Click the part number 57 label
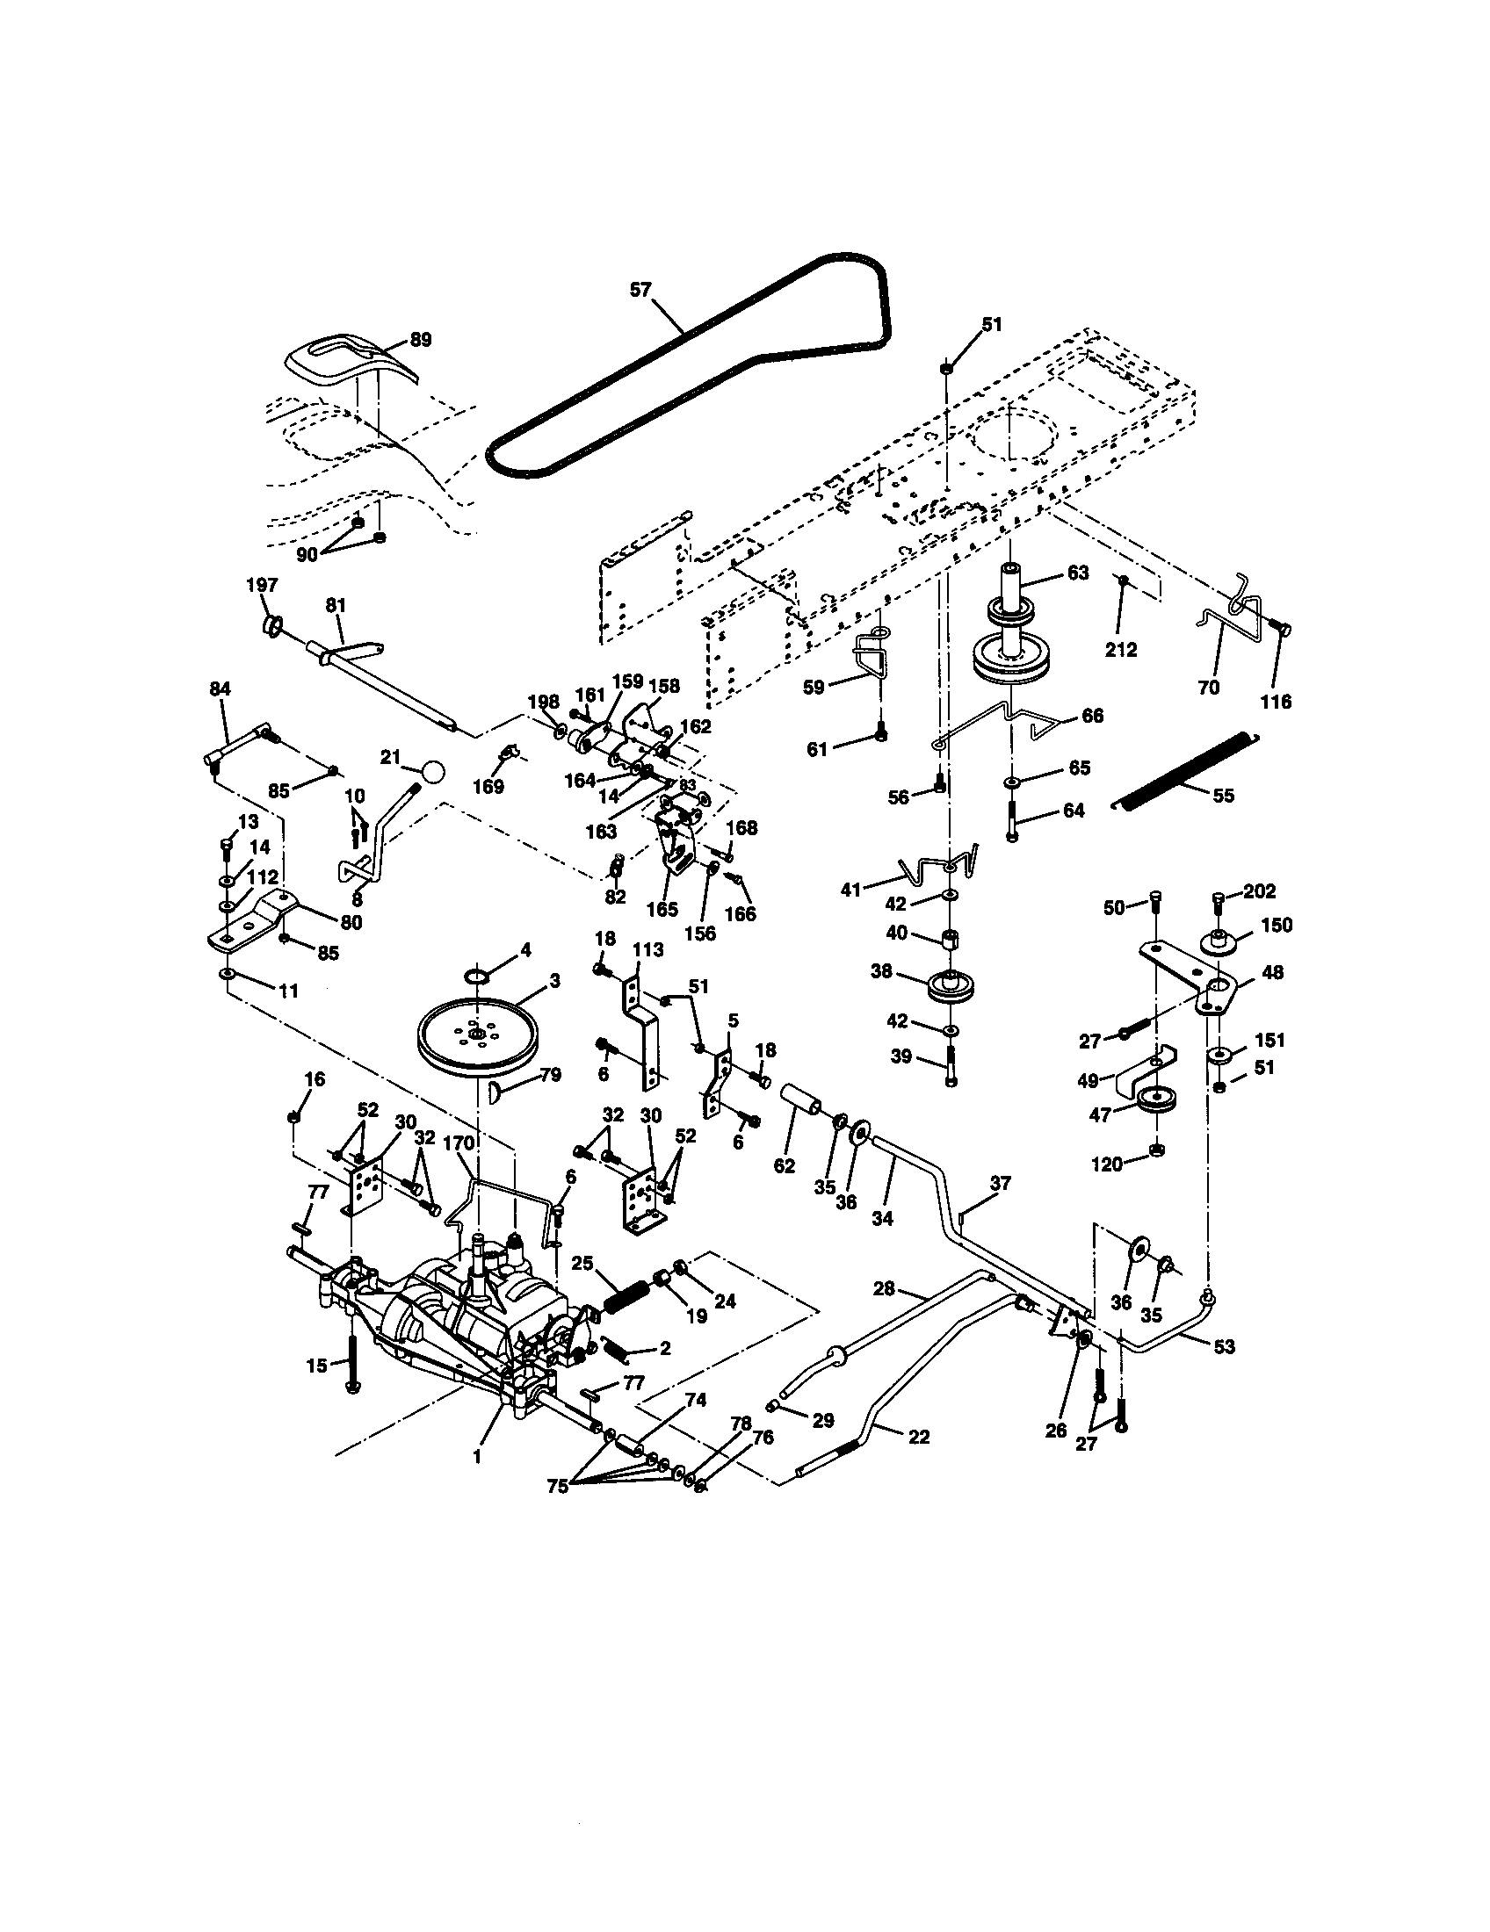coord(640,288)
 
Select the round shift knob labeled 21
coord(432,770)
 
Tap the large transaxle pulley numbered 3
coord(478,1035)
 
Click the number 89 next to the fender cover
coord(421,341)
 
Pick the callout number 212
coord(1121,649)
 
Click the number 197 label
coord(262,585)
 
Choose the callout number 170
coord(459,1143)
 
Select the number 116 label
coord(1275,702)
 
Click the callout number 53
coord(1225,1346)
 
